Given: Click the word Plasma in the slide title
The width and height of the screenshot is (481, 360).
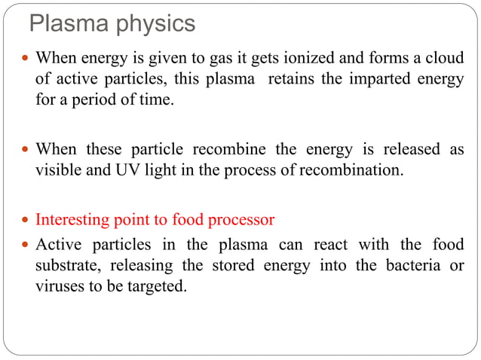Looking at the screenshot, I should [x=63, y=23].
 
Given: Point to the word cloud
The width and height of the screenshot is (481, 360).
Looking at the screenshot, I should [x=445, y=59].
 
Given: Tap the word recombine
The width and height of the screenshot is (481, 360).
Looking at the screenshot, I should [x=207, y=149].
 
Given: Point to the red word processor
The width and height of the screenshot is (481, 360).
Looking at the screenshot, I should [x=237, y=220].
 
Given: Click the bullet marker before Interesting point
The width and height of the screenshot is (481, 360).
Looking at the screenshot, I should [x=28, y=221].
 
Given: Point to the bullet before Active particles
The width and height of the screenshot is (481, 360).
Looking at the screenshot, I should [x=28, y=246].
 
